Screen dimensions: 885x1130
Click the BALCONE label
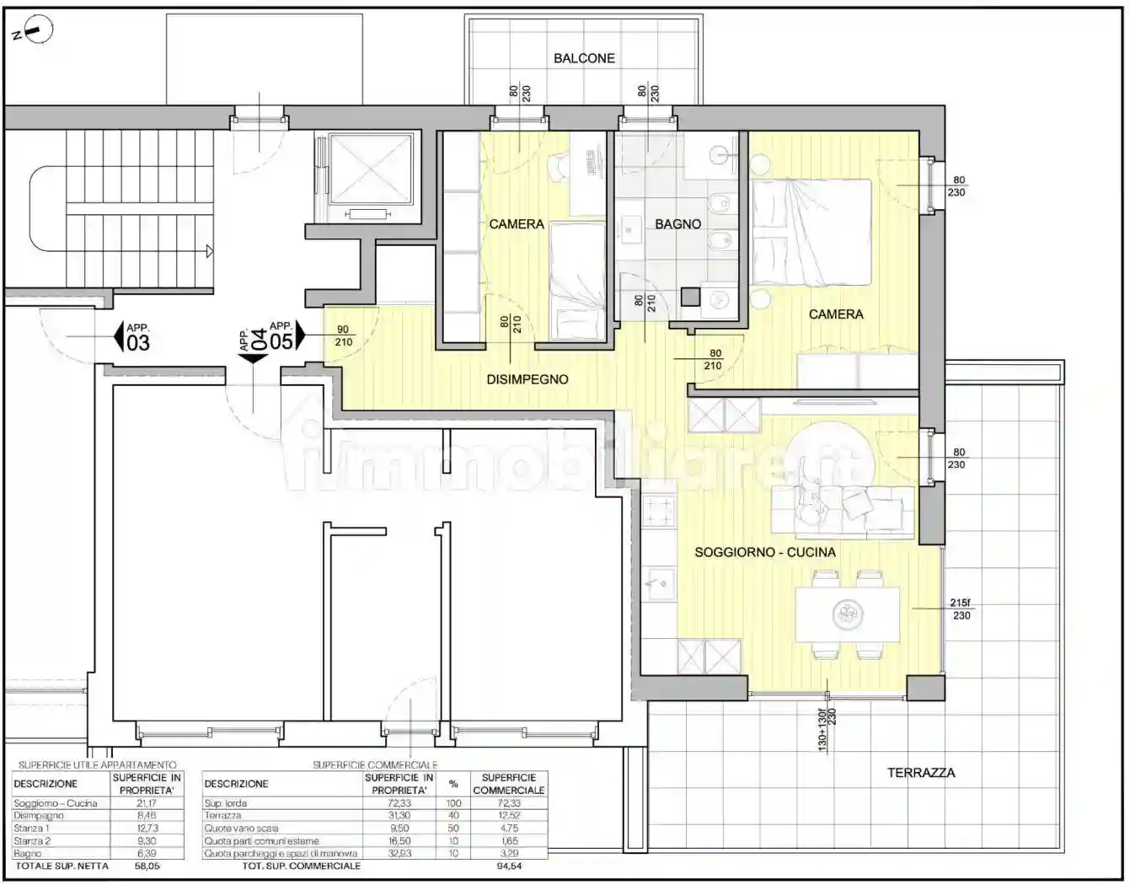(x=584, y=58)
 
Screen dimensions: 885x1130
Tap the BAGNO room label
(x=677, y=224)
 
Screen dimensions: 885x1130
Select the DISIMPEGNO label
(x=527, y=379)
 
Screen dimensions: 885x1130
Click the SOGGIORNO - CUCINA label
(x=764, y=552)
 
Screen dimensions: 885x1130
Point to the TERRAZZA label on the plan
(x=920, y=772)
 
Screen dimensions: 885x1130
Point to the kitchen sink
(x=658, y=581)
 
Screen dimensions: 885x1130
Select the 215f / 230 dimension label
(x=961, y=609)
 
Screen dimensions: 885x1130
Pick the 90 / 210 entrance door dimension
(x=343, y=335)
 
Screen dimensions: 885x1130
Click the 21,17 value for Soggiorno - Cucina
(x=147, y=803)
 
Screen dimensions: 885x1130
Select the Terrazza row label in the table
(x=222, y=815)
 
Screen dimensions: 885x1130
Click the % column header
(x=453, y=784)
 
